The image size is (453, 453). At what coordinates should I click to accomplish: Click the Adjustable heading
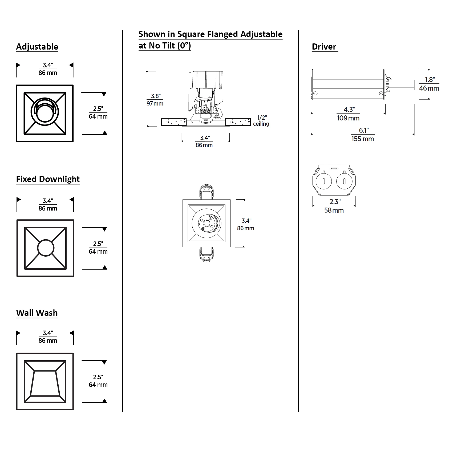(x=37, y=47)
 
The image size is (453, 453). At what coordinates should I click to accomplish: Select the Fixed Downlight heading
(x=48, y=179)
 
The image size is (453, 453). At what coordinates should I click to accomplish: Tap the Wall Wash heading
(x=37, y=313)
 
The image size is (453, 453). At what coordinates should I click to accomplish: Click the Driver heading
(x=324, y=47)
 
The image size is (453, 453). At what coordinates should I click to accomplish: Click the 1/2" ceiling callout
(x=261, y=121)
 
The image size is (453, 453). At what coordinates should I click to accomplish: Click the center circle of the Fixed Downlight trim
(x=46, y=248)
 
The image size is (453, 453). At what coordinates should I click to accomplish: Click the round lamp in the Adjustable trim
(x=44, y=113)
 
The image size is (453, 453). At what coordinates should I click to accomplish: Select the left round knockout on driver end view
(x=324, y=181)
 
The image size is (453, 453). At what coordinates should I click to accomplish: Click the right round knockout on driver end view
(x=344, y=181)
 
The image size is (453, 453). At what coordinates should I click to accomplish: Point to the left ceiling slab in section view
(x=174, y=122)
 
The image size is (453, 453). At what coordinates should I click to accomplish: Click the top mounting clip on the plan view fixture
(x=207, y=192)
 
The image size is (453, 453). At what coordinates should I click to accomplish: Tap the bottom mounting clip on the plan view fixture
(x=207, y=254)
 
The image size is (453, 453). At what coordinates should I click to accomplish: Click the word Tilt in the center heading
(x=168, y=46)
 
